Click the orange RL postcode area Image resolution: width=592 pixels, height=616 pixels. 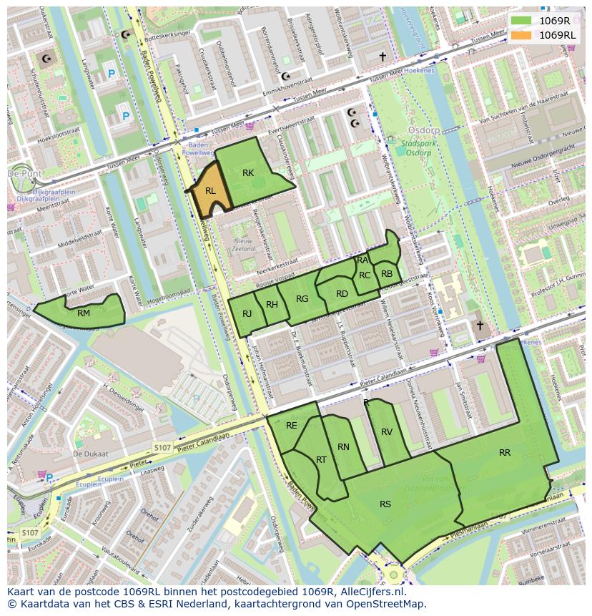[209, 191]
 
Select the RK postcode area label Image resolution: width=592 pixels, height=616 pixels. [248, 173]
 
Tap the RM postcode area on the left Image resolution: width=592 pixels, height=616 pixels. [84, 313]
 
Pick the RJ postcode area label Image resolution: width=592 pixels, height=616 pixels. [247, 313]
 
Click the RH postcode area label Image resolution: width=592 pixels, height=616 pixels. [272, 305]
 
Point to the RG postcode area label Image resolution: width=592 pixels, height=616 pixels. [302, 299]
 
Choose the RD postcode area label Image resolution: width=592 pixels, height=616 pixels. [342, 294]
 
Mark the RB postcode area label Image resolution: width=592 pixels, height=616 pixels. [387, 274]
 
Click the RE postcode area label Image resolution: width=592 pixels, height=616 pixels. [292, 426]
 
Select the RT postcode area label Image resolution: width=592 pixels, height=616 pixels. [321, 459]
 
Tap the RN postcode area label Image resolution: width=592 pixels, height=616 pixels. [343, 447]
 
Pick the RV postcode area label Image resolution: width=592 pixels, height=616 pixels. [387, 432]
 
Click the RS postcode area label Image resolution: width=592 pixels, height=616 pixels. [385, 504]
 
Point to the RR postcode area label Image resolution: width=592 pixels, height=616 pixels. [505, 453]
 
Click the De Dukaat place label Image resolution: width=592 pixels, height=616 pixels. [90, 454]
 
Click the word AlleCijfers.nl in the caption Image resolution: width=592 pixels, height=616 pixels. [371, 592]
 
